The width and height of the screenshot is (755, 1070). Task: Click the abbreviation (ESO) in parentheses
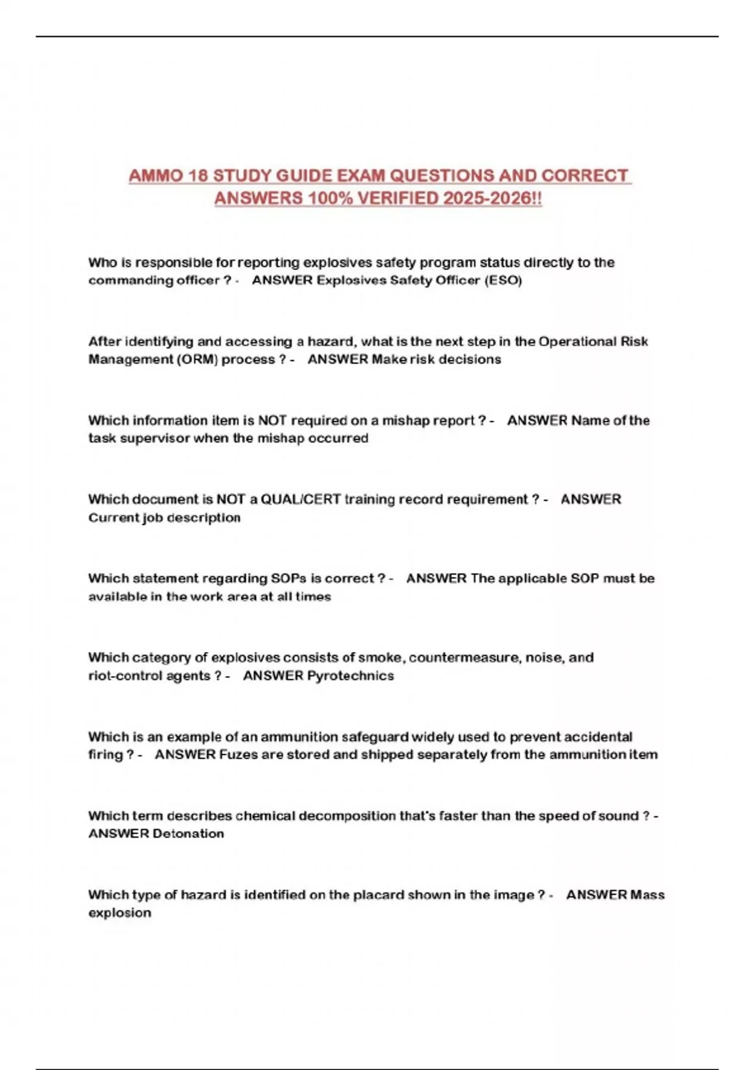click(503, 281)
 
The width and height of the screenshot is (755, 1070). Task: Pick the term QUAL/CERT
click(301, 500)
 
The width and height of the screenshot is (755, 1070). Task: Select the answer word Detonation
click(188, 834)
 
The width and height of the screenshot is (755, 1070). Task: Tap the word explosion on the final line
click(120, 913)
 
